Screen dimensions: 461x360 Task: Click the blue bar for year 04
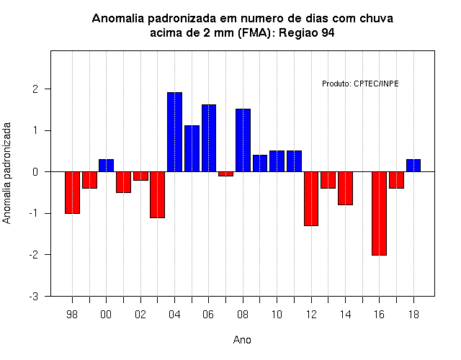(x=174, y=132)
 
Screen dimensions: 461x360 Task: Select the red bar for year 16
(x=379, y=213)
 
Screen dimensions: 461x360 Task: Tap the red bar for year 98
(x=72, y=192)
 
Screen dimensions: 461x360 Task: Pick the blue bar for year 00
(x=106, y=166)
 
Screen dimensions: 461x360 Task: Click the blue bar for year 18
(x=413, y=166)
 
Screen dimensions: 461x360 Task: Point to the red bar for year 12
(x=311, y=199)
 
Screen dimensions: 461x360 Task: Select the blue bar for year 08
(x=243, y=140)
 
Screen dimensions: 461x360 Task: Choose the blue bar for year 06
(x=209, y=138)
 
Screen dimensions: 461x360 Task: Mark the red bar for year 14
(x=345, y=189)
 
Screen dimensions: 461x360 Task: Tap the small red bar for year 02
(x=141, y=176)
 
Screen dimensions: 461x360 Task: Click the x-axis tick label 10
(x=277, y=315)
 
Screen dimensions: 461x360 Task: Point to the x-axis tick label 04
(x=174, y=315)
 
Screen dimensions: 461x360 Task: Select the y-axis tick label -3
(x=34, y=297)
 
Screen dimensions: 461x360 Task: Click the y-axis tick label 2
(x=35, y=89)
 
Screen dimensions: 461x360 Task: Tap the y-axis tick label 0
(x=35, y=172)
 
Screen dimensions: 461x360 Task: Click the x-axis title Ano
(x=242, y=340)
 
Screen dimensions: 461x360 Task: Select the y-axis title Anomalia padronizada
(x=6, y=174)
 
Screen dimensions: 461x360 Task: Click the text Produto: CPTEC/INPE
(x=360, y=84)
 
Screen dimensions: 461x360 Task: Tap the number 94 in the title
(x=328, y=32)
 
